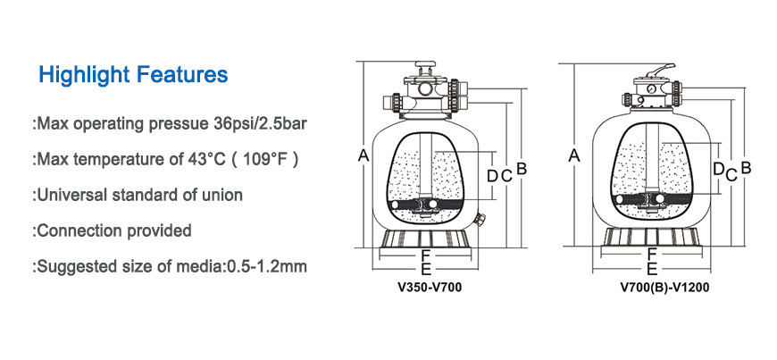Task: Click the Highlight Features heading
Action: point(133,74)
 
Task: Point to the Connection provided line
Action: point(112,230)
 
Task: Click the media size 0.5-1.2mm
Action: point(267,267)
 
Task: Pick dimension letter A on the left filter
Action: point(363,155)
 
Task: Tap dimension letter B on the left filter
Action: point(522,169)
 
